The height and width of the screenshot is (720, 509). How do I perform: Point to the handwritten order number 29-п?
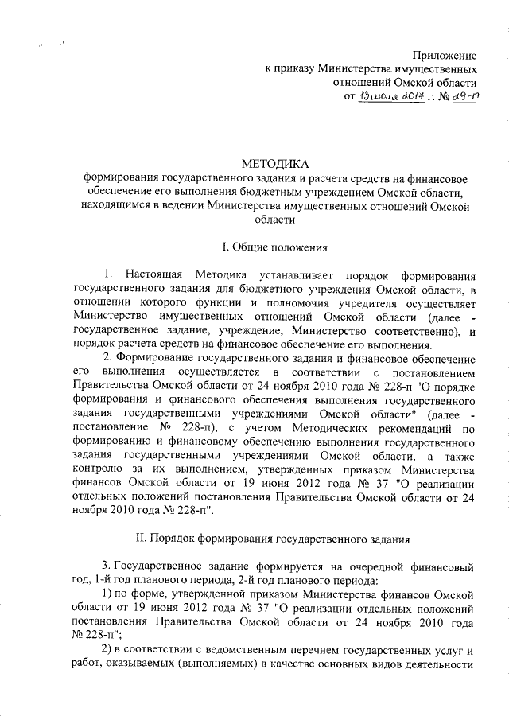(x=460, y=97)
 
